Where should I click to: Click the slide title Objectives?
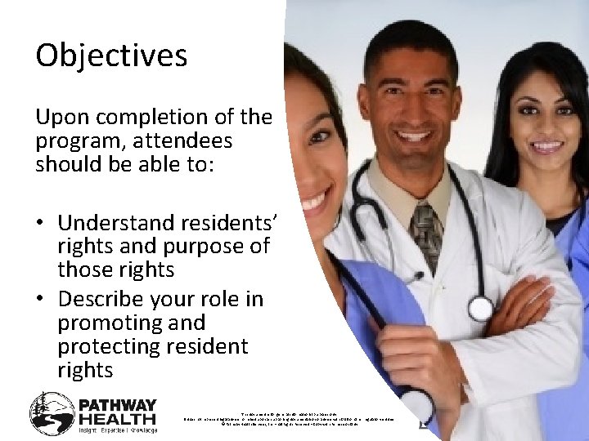pyautogui.click(x=111, y=56)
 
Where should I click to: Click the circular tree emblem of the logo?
pyautogui.click(x=52, y=412)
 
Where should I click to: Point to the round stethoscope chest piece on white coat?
pyautogui.click(x=480, y=308)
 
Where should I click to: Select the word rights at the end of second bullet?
pyautogui.click(x=85, y=370)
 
